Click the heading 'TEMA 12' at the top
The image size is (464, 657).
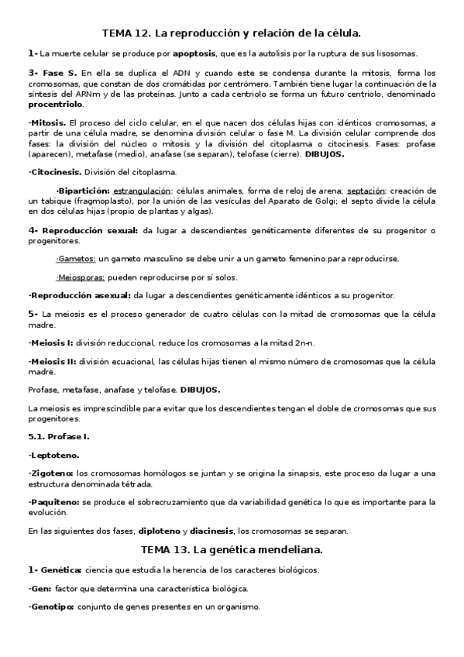click(x=125, y=33)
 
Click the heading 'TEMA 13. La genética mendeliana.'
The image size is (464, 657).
click(x=232, y=549)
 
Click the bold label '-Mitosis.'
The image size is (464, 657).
click(x=47, y=123)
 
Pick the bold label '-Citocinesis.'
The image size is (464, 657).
click(x=54, y=172)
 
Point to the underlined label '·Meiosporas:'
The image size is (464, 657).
click(x=81, y=277)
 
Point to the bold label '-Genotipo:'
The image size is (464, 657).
click(x=51, y=607)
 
